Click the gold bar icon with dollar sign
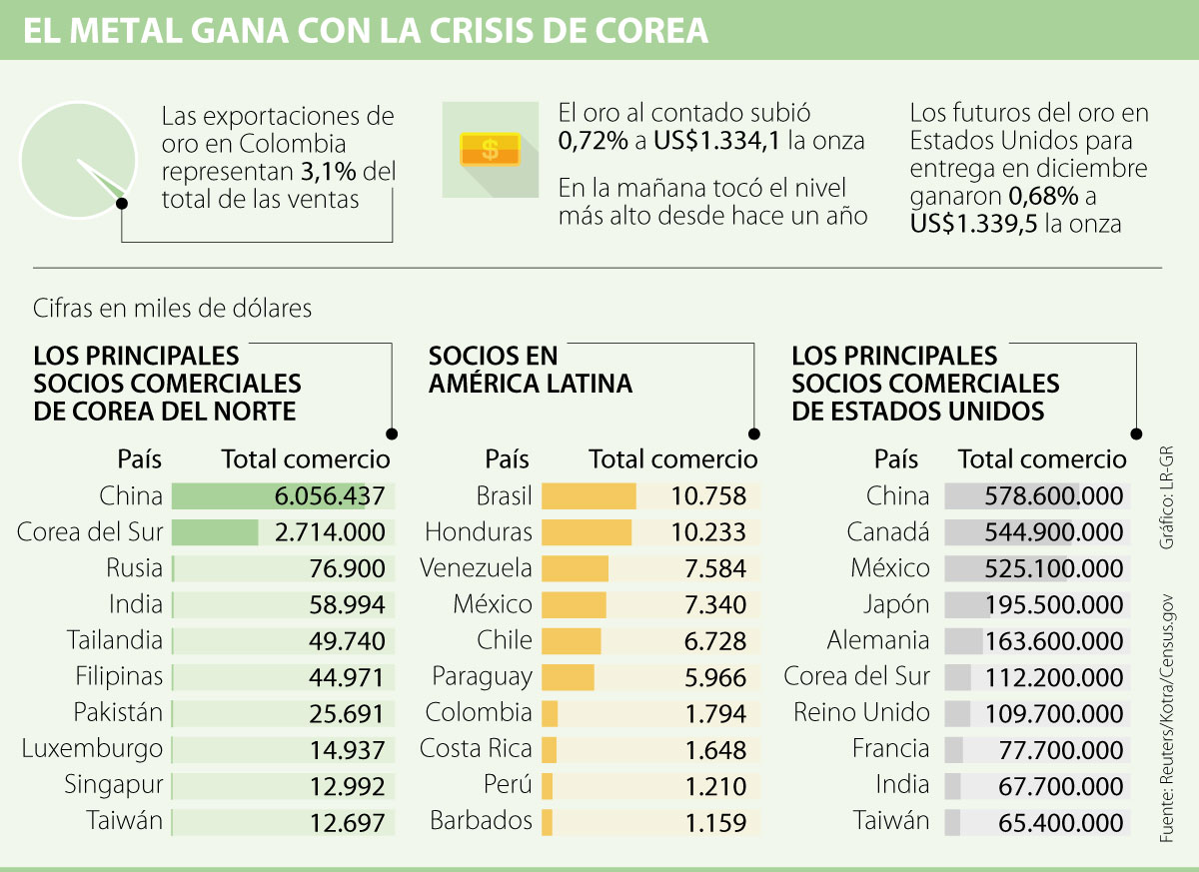[x=490, y=150]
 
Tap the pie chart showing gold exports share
[x=78, y=161]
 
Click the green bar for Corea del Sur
[x=215, y=532]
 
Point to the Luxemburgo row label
[x=93, y=749]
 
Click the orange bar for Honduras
[x=587, y=532]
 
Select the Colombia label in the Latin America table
[x=479, y=713]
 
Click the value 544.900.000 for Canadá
[x=1054, y=532]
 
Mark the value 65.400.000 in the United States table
[x=1060, y=822]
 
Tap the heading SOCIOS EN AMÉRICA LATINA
[x=530, y=370]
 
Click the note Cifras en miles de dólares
[x=172, y=309]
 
